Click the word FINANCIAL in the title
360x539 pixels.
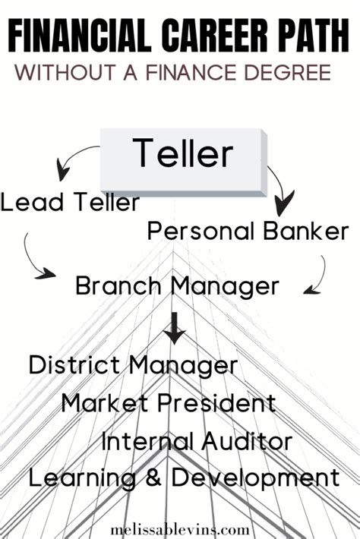click(x=80, y=36)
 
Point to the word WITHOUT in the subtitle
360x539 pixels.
click(x=65, y=72)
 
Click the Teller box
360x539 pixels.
click(x=184, y=162)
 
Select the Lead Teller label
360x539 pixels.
click(x=70, y=202)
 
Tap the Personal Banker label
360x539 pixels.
click(x=248, y=231)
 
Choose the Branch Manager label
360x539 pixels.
click(x=177, y=286)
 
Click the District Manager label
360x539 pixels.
click(x=134, y=365)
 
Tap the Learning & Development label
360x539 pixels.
click(x=185, y=478)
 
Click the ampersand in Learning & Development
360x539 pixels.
click(x=153, y=478)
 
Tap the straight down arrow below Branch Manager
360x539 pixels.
click(x=175, y=328)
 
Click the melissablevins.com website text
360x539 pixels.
click(x=180, y=530)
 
